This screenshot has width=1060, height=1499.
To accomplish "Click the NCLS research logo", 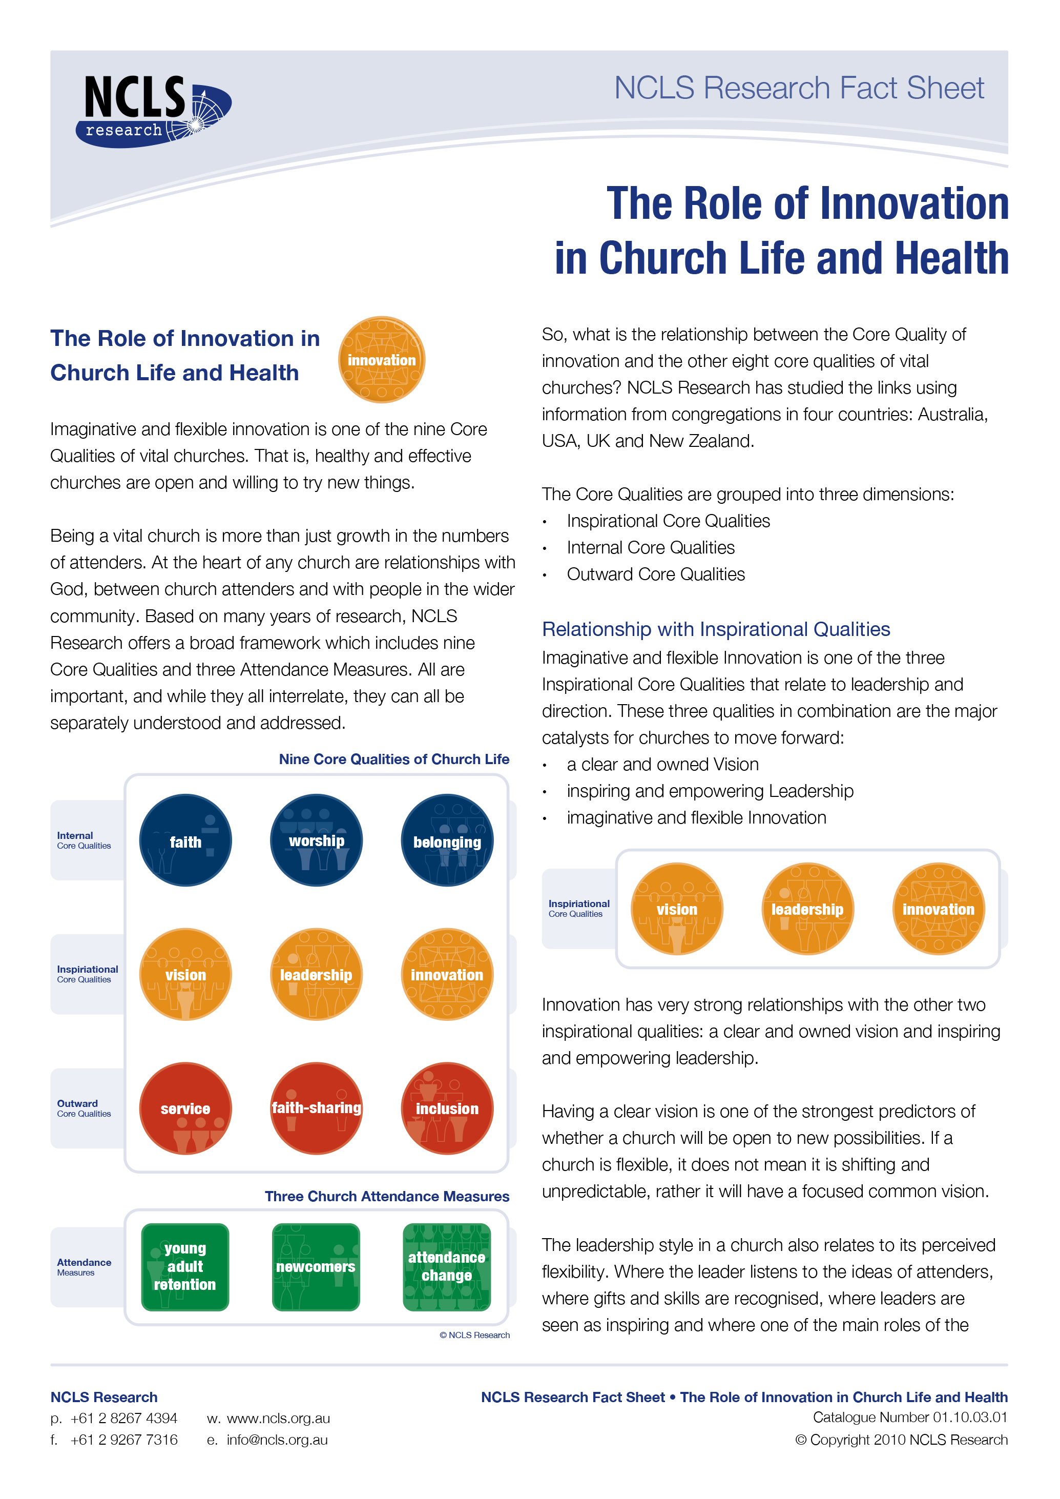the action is pyautogui.click(x=154, y=111).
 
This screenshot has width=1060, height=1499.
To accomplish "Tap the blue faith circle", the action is pyautogui.click(x=185, y=840).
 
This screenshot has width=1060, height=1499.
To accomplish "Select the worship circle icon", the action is pyautogui.click(x=317, y=840).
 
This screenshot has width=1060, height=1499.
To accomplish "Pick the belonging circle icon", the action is pyautogui.click(x=447, y=840).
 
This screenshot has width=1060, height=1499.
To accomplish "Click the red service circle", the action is pyautogui.click(x=185, y=1108).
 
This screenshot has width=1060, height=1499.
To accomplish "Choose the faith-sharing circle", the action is pyautogui.click(x=317, y=1108).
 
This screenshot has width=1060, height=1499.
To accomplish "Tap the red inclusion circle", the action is pyautogui.click(x=447, y=1108).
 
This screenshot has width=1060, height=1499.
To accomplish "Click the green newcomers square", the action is pyautogui.click(x=316, y=1267).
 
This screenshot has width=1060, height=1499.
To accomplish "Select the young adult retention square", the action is pyautogui.click(x=185, y=1267).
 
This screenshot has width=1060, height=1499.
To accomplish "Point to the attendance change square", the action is pyautogui.click(x=447, y=1267).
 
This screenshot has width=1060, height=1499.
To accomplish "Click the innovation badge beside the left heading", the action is pyautogui.click(x=382, y=360).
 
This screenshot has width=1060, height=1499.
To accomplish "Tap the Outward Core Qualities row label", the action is pyautogui.click(x=84, y=1108).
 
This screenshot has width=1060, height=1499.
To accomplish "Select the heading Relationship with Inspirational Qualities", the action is pyautogui.click(x=716, y=629).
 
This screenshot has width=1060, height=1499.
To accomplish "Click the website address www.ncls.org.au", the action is pyautogui.click(x=278, y=1419).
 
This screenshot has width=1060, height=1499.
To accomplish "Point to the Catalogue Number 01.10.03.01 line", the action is pyautogui.click(x=910, y=1418).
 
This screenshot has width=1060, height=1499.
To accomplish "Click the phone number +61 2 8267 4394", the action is pyautogui.click(x=123, y=1419).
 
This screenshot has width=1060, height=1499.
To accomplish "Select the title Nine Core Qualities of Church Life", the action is pyautogui.click(x=394, y=759).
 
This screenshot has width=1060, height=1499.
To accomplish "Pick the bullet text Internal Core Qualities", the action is pyautogui.click(x=651, y=548).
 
